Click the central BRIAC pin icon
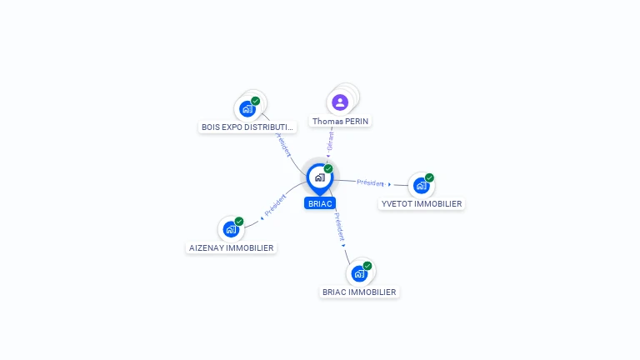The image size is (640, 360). [319, 177]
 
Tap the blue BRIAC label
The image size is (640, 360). [320, 203]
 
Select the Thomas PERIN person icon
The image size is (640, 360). [340, 102]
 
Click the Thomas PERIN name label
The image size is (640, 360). [340, 122]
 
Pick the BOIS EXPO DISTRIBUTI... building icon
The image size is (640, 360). [247, 108]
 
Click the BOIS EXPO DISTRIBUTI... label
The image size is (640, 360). [248, 127]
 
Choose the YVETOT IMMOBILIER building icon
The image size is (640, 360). [421, 185]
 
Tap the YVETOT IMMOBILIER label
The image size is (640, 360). [422, 204]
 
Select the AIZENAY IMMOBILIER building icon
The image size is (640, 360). [231, 229]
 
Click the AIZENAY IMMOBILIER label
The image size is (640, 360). [232, 248]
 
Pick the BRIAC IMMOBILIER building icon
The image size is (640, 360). [359, 273]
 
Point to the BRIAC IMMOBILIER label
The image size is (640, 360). [360, 292]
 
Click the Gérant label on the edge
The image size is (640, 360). [330, 141]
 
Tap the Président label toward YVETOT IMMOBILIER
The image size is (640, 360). [370, 182]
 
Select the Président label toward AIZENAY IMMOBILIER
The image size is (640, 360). [276, 205]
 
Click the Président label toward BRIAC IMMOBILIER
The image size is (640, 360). [339, 226]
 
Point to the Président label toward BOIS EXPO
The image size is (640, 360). [283, 143]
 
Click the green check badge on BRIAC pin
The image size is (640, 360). [328, 169]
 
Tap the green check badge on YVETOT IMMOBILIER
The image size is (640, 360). [429, 177]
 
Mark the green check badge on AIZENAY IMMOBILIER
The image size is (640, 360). [239, 222]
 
